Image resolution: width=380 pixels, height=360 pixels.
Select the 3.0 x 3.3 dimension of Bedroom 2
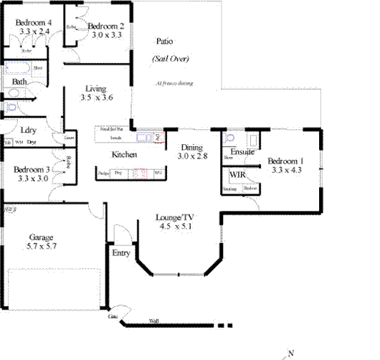(x=105, y=34)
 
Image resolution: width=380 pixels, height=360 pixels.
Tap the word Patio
(x=164, y=42)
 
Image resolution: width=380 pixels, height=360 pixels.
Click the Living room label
(x=96, y=87)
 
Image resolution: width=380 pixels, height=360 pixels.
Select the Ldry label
(x=28, y=130)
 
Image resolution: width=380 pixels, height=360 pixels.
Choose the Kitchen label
(x=123, y=154)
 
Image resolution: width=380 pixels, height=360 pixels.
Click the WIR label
(x=237, y=174)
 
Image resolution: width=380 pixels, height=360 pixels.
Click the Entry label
(x=121, y=252)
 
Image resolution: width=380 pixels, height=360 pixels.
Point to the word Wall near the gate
(x=153, y=321)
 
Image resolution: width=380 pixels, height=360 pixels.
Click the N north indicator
(x=292, y=352)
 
